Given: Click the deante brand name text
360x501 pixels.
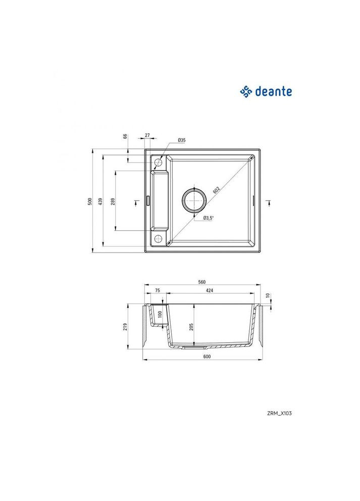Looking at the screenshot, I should (x=273, y=91).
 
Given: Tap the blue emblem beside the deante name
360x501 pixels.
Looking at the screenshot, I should (x=245, y=91).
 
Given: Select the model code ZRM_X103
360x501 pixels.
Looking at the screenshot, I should (x=279, y=413).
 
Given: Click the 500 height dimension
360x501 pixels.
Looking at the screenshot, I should (x=89, y=201).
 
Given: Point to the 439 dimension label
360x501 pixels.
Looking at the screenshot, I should (x=101, y=201).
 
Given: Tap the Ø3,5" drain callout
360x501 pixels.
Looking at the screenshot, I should (x=209, y=218).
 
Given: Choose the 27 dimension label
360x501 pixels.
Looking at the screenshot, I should (x=147, y=135).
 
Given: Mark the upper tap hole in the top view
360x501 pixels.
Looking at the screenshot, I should (x=158, y=163).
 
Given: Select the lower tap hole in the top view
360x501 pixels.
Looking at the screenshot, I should (x=158, y=238).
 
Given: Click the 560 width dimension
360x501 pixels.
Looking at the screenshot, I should (x=202, y=282).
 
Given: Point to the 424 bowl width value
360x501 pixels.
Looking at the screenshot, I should (x=209, y=290).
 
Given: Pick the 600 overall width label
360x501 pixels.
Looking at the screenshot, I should (x=202, y=357).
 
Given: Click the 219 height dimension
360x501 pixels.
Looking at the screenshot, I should (x=125, y=326).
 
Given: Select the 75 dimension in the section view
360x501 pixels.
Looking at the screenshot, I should (x=157, y=290).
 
